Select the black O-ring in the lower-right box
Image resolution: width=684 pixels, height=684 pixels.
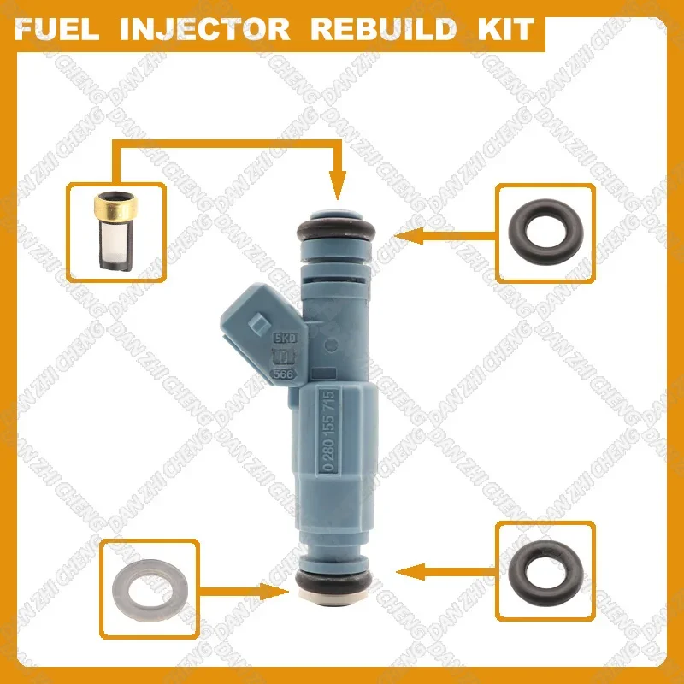point(544,567)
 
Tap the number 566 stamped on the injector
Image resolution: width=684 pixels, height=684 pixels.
point(279,373)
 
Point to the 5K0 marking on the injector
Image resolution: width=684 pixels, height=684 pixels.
point(279,339)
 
